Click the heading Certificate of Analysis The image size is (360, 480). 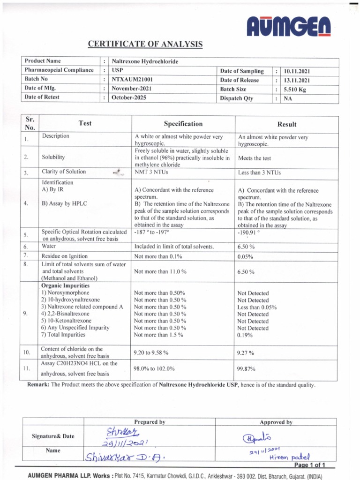145,45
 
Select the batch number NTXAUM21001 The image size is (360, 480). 132,79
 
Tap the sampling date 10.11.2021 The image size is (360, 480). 297,71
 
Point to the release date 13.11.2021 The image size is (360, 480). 297,80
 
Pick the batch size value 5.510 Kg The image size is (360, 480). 295,89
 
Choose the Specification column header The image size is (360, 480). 183,124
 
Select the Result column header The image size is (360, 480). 287,124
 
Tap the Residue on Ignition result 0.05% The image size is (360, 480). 246,257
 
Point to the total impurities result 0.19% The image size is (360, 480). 246,335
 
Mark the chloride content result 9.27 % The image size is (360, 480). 246,352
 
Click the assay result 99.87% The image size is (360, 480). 247,369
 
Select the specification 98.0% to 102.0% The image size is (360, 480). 154,369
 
